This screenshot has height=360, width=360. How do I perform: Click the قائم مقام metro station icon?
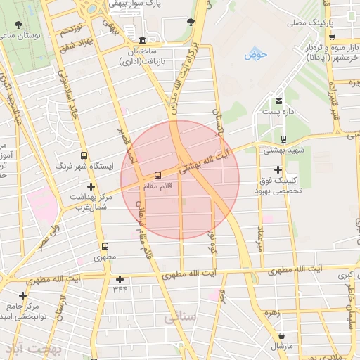tap(157, 174)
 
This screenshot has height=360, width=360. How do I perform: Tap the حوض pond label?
tap(257, 54)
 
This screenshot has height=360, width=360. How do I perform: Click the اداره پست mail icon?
tap(279, 102)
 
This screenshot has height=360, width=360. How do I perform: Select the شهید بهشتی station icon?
tap(283, 139)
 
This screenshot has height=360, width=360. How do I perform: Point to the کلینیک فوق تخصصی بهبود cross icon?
tap(278, 169)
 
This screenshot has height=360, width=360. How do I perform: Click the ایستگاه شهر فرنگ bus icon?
tap(84, 156)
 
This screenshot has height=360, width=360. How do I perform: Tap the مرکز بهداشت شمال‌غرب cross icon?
tap(90, 186)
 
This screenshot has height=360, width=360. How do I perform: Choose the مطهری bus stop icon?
tap(105, 247)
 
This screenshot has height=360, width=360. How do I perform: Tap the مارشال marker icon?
tap(282, 337)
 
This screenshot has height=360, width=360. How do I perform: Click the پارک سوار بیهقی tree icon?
tap(191, 22)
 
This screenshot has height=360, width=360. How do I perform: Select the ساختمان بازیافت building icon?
tap(143, 40)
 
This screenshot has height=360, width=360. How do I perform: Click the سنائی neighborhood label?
tap(179, 319)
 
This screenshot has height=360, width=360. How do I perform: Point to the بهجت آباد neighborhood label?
tap(33, 349)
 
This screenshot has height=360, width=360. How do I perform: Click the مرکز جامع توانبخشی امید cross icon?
tap(23, 295)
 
